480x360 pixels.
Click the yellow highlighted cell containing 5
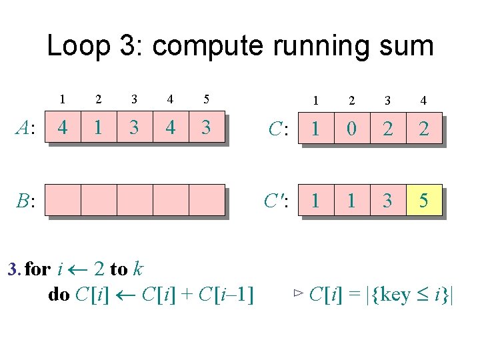(423, 200)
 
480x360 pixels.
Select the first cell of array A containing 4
(63, 127)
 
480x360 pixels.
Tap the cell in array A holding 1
(99, 127)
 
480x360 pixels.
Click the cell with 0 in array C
(351, 129)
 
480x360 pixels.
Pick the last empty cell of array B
(207, 200)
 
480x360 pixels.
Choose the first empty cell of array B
(63, 200)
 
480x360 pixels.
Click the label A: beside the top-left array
(27, 127)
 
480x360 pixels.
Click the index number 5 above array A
(207, 99)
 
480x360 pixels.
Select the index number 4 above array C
(423, 101)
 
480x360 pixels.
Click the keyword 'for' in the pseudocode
(37, 269)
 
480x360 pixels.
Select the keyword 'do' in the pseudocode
(59, 294)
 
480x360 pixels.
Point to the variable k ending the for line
(138, 269)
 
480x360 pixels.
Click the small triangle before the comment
(298, 293)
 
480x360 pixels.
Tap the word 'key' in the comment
(393, 294)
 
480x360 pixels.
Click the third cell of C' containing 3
(387, 200)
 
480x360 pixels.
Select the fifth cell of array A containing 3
(207, 127)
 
